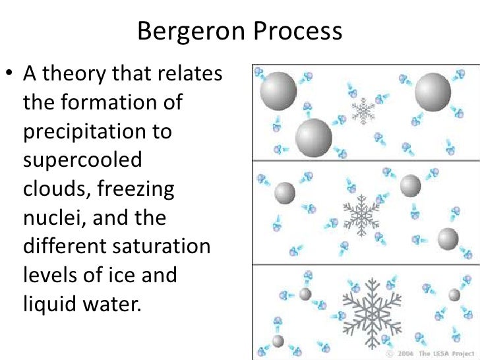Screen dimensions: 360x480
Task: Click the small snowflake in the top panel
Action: point(362,110)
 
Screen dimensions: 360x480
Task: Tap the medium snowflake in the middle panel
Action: point(361,214)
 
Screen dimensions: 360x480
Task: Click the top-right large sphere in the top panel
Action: point(433,90)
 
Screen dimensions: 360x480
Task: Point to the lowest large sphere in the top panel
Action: point(314,136)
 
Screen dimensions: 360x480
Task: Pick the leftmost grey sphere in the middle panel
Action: point(285,193)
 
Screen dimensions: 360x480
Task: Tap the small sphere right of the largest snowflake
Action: point(454,295)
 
